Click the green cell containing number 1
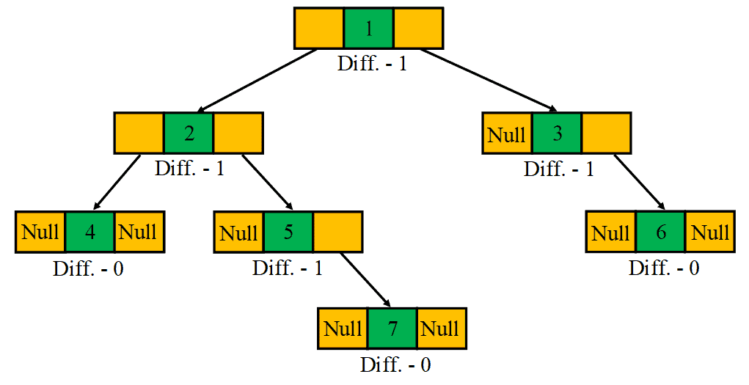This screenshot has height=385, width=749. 368,29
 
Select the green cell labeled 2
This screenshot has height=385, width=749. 189,133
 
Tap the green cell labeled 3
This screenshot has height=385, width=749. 557,133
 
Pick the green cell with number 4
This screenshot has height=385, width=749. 89,232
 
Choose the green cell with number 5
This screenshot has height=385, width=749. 288,232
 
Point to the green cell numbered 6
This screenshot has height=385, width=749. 660,232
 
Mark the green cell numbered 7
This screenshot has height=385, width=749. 392,328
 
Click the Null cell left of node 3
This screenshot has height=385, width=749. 507,133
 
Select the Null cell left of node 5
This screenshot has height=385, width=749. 238,232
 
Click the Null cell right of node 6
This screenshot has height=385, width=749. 710,232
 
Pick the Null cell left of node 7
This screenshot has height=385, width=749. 343,328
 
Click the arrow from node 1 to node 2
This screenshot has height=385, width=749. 257,81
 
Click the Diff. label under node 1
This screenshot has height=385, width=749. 372,63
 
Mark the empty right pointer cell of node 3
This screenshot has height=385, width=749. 606,133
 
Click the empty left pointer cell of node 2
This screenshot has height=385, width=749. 139,133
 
